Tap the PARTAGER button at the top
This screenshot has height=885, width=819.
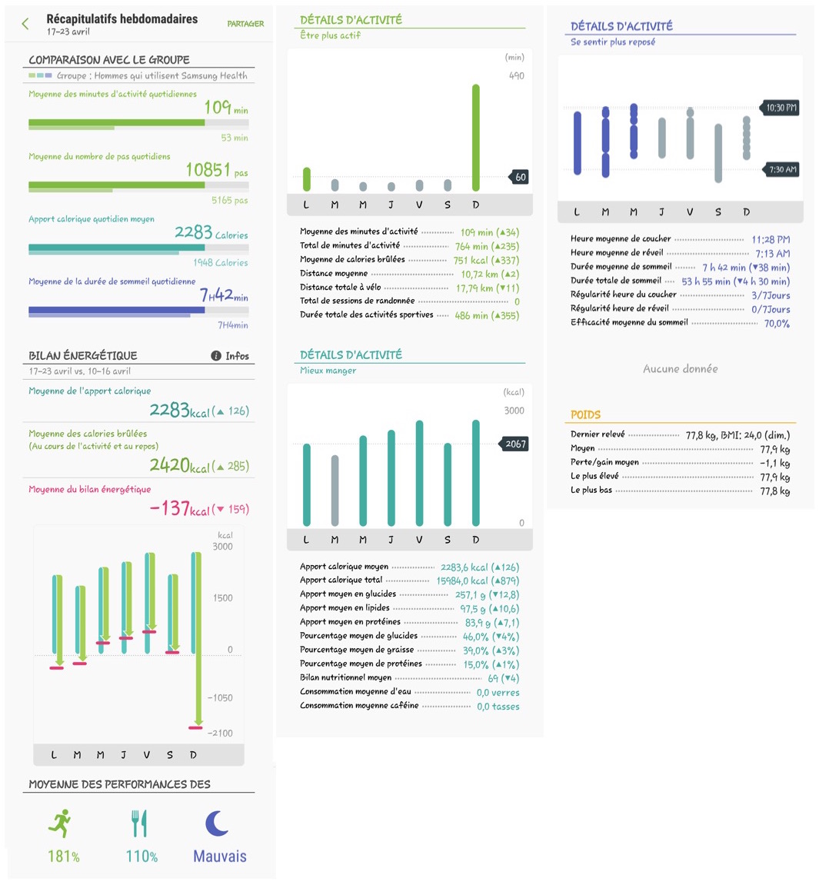[245, 24]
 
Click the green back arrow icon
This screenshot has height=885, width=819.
[25, 25]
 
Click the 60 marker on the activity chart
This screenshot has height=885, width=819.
[520, 177]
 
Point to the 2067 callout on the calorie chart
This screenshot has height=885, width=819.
[515, 444]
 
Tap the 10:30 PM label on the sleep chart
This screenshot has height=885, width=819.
[781, 108]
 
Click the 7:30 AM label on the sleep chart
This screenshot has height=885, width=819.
[782, 169]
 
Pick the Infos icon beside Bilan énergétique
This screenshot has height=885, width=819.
[217, 356]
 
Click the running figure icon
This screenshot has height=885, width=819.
[61, 823]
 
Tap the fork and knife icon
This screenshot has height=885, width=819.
[139, 823]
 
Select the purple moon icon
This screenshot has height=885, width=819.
[217, 823]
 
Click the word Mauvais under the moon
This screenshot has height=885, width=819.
[220, 857]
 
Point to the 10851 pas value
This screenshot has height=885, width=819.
[216, 170]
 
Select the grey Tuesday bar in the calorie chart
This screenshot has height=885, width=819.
[335, 490]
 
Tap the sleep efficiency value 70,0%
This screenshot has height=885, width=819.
[777, 324]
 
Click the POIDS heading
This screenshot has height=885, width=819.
[585, 414]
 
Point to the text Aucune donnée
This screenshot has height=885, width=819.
[681, 369]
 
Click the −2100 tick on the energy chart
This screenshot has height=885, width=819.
[220, 733]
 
